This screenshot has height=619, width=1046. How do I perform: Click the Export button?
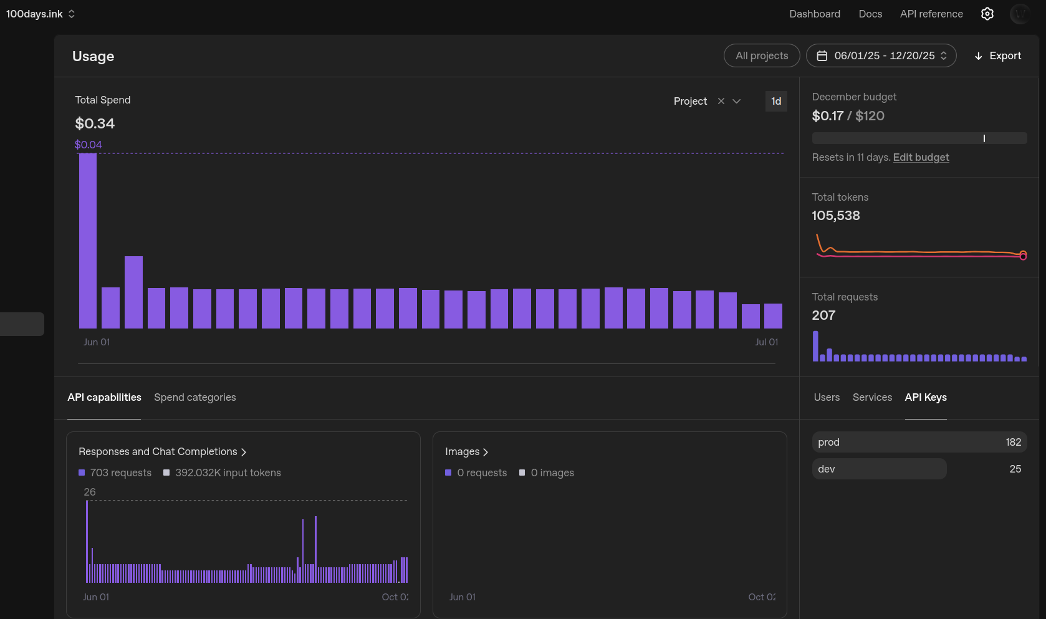pos(998,56)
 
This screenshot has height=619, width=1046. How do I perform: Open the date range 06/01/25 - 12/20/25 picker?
pos(881,56)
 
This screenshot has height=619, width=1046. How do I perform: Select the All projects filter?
pos(761,56)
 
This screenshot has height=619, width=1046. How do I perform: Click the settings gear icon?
pos(987,14)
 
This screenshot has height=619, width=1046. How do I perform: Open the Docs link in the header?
pos(870,14)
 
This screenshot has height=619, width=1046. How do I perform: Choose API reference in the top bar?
pos(931,14)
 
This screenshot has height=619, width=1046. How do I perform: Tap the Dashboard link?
pos(814,14)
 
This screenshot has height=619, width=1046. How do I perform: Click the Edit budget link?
pos(921,158)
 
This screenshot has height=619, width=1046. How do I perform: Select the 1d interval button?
pos(775,101)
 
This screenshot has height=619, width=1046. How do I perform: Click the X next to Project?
pos(721,101)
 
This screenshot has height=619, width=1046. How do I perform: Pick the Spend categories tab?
pos(194,398)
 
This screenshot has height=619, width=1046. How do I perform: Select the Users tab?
pos(827,398)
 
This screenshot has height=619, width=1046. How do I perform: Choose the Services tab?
pos(872,398)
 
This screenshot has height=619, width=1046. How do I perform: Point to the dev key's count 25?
pos(1015,469)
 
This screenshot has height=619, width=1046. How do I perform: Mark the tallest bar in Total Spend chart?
pos(88,241)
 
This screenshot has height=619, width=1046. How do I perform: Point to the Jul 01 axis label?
pos(766,342)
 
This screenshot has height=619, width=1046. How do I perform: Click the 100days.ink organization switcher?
pos(41,14)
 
